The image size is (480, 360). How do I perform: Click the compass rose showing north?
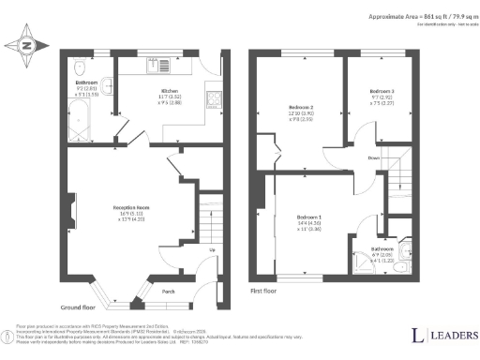click(x=25, y=44)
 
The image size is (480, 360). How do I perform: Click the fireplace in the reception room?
click(x=70, y=206)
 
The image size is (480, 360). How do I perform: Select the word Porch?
click(x=169, y=291)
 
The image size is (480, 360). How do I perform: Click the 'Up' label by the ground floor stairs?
click(x=212, y=249)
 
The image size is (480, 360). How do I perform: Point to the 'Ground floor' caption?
click(x=81, y=307)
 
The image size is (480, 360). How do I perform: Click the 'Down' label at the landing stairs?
click(x=374, y=157)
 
